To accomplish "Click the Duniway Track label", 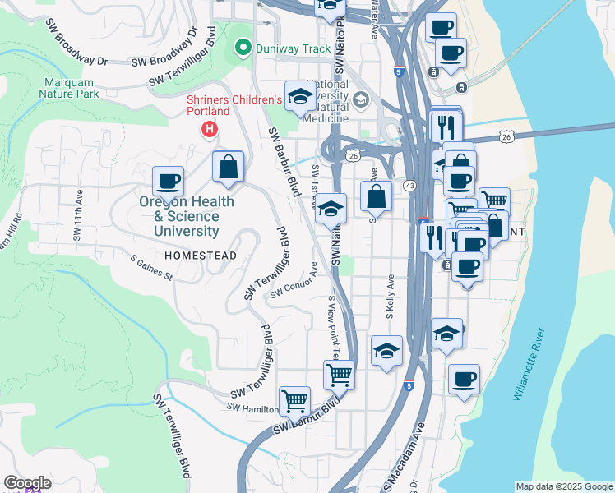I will (293, 48).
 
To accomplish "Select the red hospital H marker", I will (210, 130).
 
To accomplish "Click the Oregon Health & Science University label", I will (186, 216).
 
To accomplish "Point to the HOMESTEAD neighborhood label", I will (201, 256).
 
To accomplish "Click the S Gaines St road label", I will (151, 268).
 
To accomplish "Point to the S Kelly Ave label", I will (391, 297).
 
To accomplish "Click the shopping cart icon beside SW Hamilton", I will (294, 401).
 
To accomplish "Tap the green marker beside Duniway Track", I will (242, 48).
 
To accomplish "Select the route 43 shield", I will (409, 187).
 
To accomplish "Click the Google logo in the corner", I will (27, 483).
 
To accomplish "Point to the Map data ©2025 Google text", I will (564, 486).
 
